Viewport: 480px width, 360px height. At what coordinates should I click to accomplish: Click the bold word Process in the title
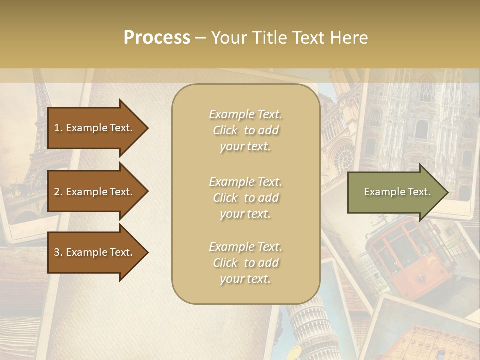pos(157,38)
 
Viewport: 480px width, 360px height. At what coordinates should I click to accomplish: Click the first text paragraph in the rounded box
pos(245,130)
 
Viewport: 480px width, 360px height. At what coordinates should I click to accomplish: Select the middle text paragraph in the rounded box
pos(245,198)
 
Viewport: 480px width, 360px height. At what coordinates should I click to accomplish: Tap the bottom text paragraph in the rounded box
pos(245,263)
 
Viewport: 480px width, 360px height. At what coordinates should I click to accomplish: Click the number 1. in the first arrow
pos(58,128)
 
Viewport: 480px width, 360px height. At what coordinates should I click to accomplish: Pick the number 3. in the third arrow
pos(58,252)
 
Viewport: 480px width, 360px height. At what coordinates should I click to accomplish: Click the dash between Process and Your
pos(200,38)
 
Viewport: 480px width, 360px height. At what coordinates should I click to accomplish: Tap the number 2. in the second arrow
pos(58,192)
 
